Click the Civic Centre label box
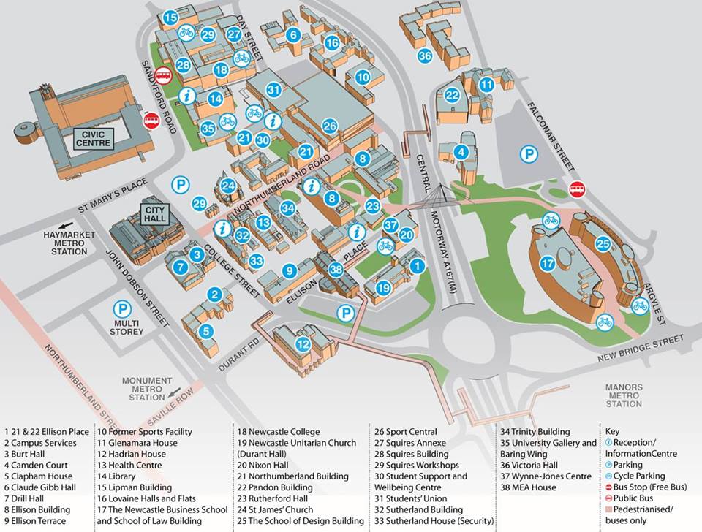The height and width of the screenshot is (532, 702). (x=94, y=139)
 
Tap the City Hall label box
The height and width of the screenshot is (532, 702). (x=155, y=215)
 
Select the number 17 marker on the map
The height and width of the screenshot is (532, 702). (x=548, y=264)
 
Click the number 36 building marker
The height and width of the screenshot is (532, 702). (x=425, y=56)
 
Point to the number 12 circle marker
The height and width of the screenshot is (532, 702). (x=303, y=344)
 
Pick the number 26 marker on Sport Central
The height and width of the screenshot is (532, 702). (x=330, y=126)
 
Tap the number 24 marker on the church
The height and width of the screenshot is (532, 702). (x=228, y=186)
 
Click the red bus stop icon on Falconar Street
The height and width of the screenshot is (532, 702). (x=578, y=189)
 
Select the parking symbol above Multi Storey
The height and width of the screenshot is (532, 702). (x=122, y=309)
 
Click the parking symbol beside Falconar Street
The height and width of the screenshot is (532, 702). (x=529, y=154)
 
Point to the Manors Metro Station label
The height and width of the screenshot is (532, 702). (x=624, y=395)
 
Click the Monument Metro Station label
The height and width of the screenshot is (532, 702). (x=147, y=389)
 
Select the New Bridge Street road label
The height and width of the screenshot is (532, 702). (x=641, y=348)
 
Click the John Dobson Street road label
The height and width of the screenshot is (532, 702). (x=137, y=288)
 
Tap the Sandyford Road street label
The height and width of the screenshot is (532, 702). (x=159, y=96)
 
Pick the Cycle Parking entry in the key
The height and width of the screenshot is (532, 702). (x=635, y=476)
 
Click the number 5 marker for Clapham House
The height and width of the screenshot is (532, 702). (x=206, y=332)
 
